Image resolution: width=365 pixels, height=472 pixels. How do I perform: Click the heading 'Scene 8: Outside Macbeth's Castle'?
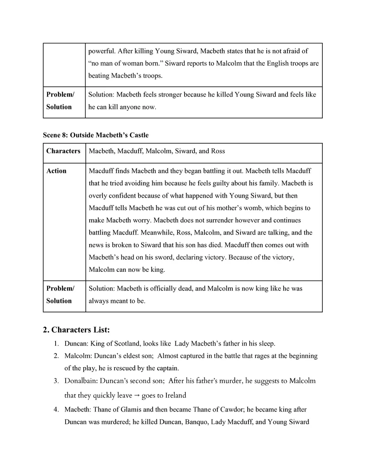click(96, 135)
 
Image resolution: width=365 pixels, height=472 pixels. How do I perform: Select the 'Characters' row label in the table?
click(63, 151)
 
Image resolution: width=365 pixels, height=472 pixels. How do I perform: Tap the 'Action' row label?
click(56, 171)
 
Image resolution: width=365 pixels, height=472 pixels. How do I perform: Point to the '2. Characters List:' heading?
click(76, 330)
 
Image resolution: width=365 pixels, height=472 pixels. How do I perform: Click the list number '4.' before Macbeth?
click(56, 409)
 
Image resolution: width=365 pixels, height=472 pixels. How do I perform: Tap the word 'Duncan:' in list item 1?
click(75, 344)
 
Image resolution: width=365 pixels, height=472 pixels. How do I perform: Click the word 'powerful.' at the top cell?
click(102, 51)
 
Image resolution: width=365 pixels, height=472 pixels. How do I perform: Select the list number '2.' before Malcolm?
click(56, 356)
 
